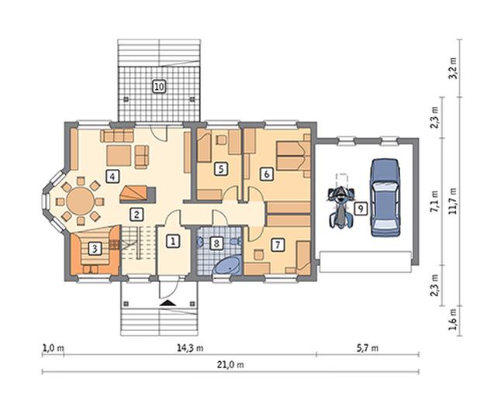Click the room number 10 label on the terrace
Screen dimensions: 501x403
159,86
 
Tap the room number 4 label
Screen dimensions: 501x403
112,176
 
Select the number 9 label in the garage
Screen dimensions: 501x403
361,208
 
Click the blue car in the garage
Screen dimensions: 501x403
385,198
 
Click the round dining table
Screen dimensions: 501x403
81,201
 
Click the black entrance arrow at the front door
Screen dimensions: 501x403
168,303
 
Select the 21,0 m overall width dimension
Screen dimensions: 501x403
230,364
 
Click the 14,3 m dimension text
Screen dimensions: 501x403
190,348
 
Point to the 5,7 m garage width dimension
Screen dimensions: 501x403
367,348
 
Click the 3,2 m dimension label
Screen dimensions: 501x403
453,68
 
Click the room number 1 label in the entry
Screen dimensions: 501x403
173,242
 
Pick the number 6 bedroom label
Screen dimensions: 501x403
267,174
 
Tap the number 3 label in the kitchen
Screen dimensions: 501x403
95,249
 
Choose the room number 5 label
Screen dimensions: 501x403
221,169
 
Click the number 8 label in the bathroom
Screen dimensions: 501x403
216,244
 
